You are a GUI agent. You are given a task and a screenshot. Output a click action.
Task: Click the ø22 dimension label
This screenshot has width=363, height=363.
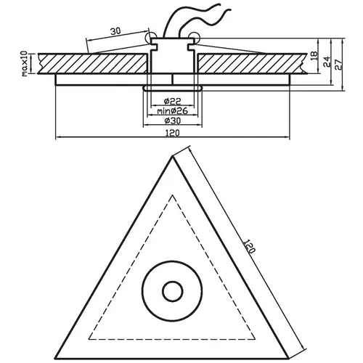(172, 102)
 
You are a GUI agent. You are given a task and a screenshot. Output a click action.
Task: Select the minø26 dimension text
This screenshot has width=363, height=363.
(172, 111)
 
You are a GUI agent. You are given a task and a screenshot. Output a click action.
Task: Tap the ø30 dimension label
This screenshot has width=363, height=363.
(172, 121)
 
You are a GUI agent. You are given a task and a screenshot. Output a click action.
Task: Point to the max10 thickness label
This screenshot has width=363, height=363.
(25, 64)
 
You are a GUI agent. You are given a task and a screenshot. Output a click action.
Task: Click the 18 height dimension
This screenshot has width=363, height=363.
(314, 56)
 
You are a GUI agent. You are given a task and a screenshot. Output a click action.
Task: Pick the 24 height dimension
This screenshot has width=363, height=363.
(327, 62)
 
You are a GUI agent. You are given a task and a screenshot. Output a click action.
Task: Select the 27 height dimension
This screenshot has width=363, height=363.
(338, 65)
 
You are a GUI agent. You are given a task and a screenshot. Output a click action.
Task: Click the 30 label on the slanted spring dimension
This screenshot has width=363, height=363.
(115, 31)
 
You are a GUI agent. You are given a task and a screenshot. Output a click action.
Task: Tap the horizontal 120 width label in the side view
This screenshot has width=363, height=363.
(172, 133)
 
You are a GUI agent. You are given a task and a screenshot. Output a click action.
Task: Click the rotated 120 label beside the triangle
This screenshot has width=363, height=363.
(249, 246)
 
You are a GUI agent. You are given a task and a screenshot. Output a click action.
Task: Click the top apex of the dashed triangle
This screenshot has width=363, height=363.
(173, 195)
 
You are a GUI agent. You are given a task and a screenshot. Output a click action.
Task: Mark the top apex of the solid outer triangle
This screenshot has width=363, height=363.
(172, 157)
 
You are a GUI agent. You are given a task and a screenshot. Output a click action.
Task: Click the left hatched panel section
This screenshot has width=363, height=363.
(93, 63)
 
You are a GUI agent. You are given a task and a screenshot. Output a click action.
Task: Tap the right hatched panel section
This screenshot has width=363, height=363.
(252, 63)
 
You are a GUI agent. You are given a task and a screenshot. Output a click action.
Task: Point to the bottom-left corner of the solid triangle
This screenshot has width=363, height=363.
(55, 359)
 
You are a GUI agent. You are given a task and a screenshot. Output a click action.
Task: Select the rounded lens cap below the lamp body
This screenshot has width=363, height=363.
(173, 88)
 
